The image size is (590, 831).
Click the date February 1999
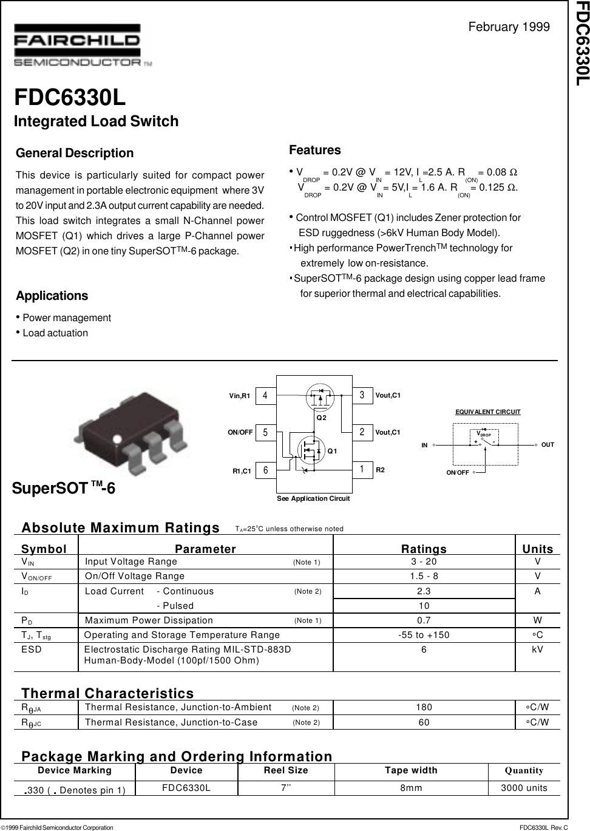click(509, 27)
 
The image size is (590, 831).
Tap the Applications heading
click(52, 296)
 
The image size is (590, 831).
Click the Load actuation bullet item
click(55, 333)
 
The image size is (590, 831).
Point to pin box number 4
click(265, 396)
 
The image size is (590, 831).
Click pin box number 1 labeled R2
click(362, 470)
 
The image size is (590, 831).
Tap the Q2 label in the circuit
click(321, 418)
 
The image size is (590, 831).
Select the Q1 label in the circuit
click(332, 450)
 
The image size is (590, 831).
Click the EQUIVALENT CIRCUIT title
click(487, 412)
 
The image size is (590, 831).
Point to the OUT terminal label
click(548, 445)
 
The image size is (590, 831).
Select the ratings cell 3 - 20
click(424, 562)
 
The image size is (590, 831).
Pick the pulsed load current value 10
click(424, 606)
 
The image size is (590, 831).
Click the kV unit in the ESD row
click(537, 650)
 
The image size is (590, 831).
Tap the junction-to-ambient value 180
click(424, 708)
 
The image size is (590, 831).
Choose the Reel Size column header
click(285, 770)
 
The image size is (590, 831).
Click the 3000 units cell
click(524, 788)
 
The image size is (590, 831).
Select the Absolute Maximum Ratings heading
click(120, 528)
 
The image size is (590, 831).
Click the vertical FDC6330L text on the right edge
click(581, 43)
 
